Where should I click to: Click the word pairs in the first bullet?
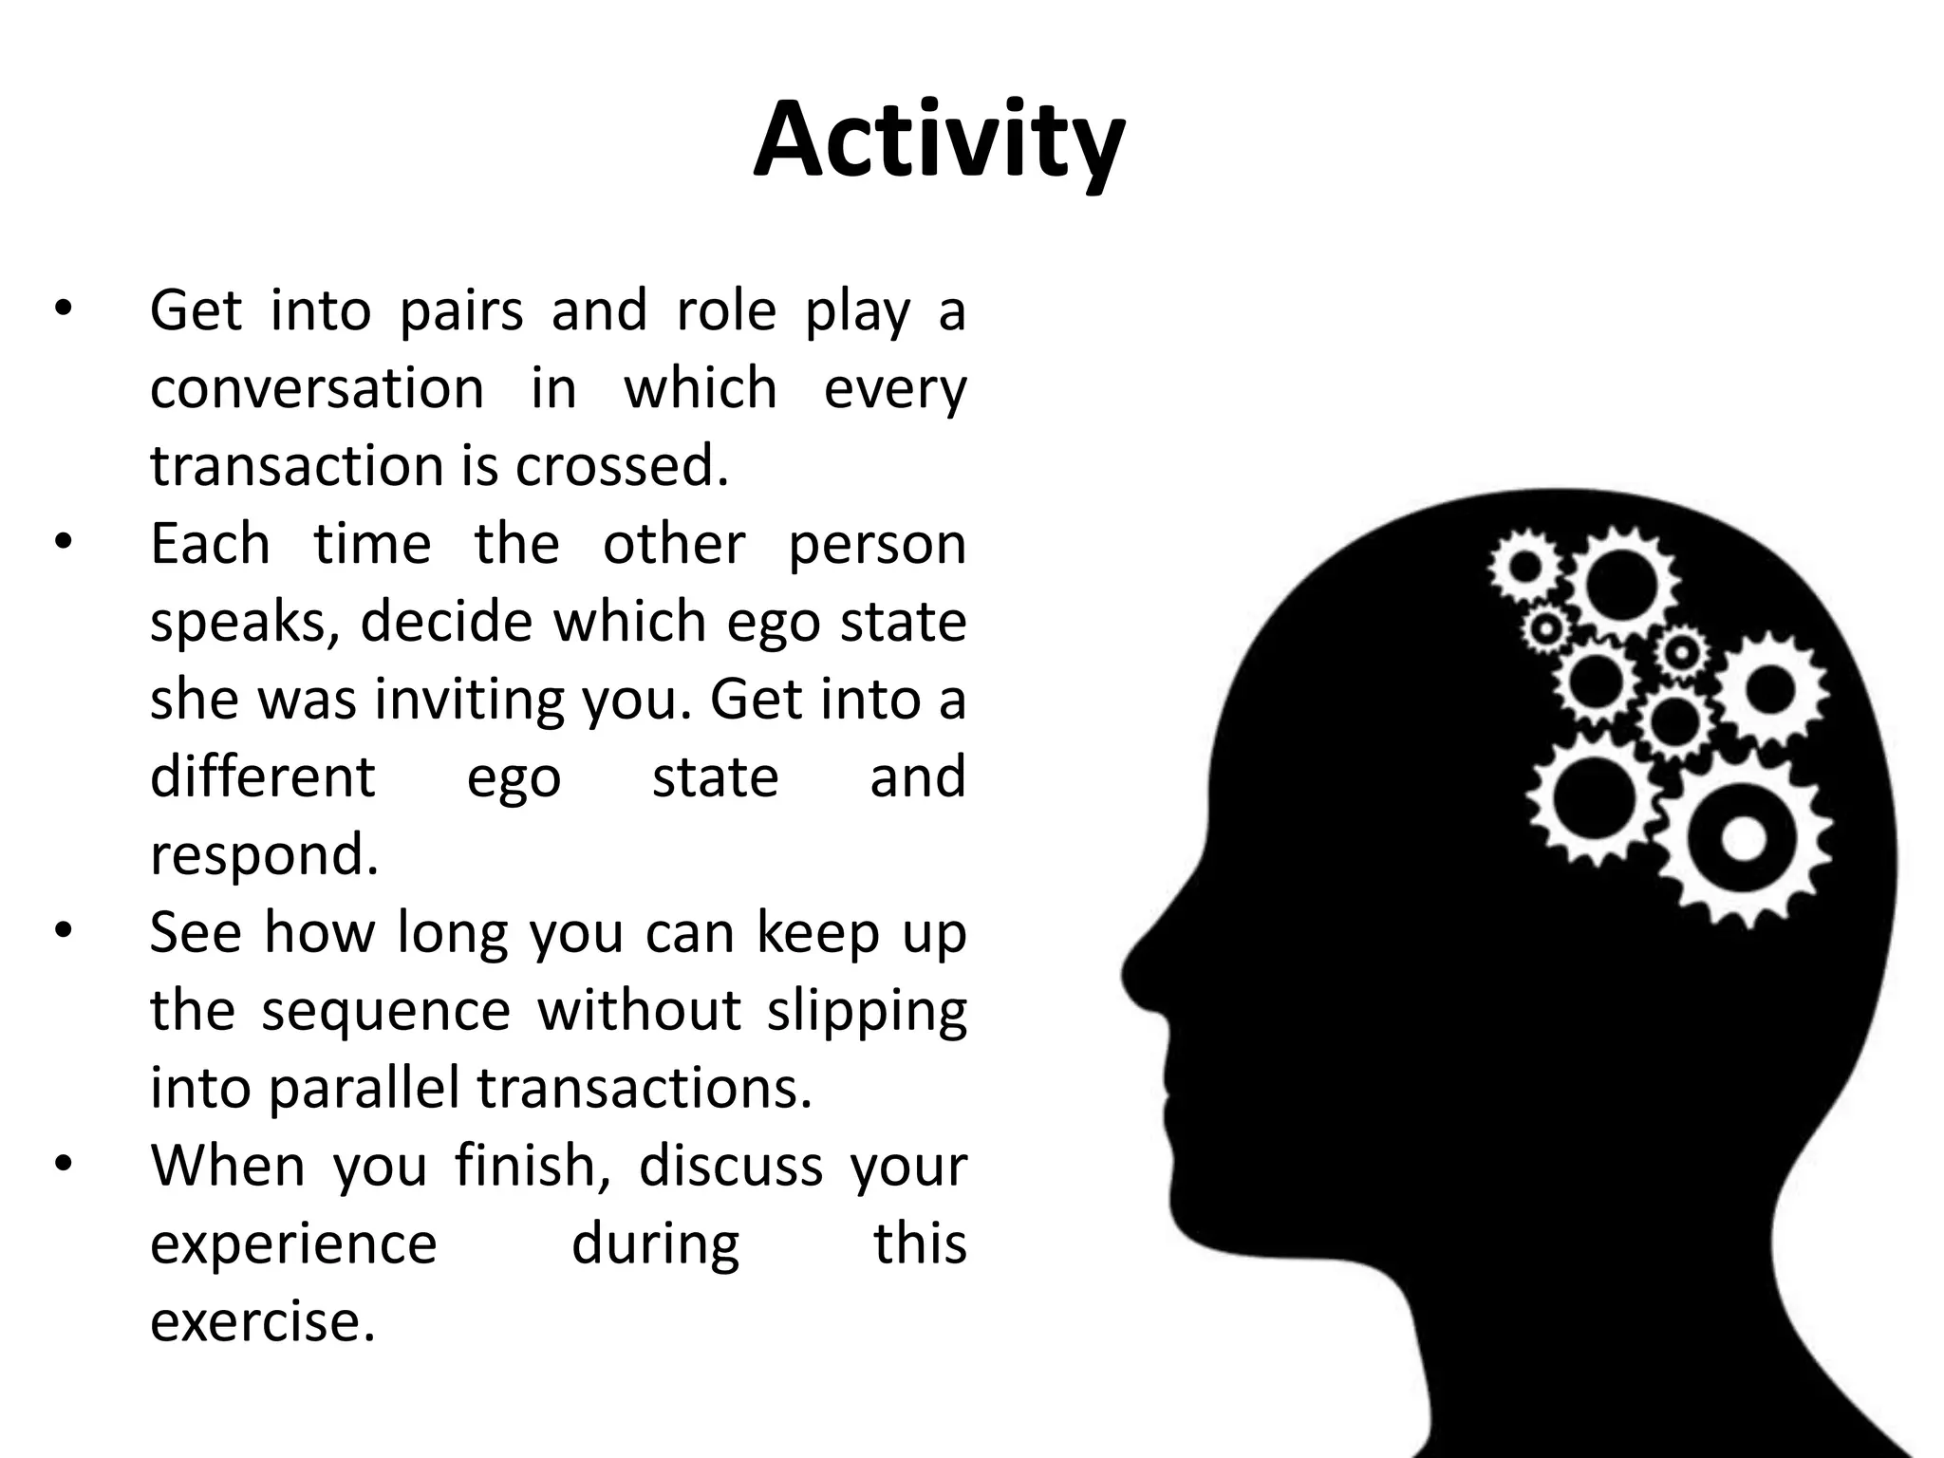[460, 311]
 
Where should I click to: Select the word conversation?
[317, 389]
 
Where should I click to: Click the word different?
[263, 777]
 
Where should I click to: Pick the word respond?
[264, 855]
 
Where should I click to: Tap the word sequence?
[386, 1010]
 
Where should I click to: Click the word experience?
[293, 1243]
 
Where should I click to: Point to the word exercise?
[263, 1321]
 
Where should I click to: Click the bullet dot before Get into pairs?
[63, 311]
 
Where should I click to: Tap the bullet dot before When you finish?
[63, 1166]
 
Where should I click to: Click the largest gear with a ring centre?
[1743, 840]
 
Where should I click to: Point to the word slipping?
[867, 1010]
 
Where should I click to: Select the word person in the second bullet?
[877, 545]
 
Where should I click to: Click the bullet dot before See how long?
[63, 932]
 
